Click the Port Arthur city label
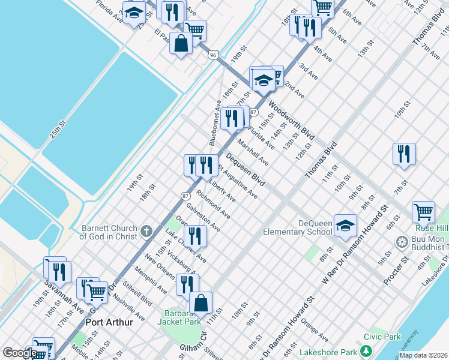click(109, 322)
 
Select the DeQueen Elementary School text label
click(297, 227)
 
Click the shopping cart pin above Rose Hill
click(423, 212)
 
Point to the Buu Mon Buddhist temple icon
click(402, 242)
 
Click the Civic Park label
click(386, 337)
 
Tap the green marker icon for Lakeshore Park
click(366, 352)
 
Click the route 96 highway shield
click(213, 55)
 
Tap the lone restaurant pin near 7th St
click(404, 154)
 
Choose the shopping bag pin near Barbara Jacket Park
click(201, 304)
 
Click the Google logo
click(20, 353)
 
